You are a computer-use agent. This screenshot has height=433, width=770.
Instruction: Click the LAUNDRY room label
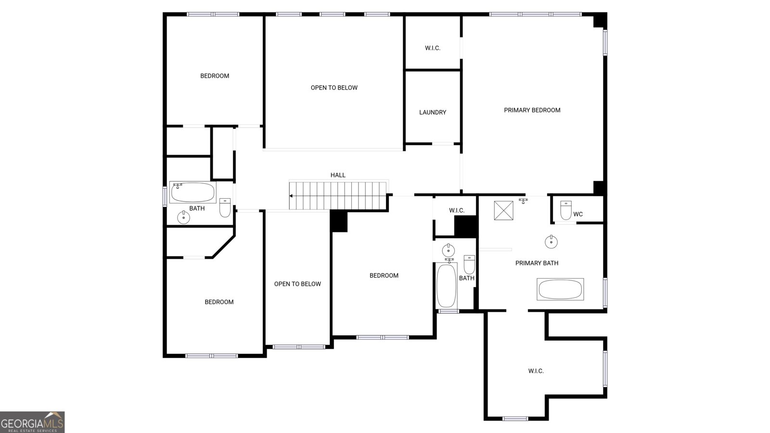pos(433,112)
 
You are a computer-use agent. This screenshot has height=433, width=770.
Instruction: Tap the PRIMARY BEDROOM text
pos(532,110)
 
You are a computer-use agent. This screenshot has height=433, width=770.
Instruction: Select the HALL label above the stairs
pos(338,175)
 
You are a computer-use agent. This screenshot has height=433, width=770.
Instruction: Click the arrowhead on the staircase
pos(291,196)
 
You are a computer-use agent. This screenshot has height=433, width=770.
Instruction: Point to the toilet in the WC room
pos(566,210)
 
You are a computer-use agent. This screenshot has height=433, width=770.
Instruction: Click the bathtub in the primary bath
pos(560,290)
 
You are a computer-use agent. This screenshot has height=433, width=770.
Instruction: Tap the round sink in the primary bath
pos(551,242)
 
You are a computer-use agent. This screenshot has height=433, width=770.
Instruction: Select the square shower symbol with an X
pos(504,211)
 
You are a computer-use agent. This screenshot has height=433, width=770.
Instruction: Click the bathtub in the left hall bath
pos(193,192)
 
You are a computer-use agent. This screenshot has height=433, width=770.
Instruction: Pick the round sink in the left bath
pos(183,217)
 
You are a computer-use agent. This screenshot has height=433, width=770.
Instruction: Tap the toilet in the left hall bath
pos(225,208)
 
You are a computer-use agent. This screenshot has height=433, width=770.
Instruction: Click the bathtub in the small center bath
pos(446,285)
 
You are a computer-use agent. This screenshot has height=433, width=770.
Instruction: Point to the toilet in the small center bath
pos(469,265)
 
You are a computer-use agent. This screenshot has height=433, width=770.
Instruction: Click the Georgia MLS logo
pos(32,422)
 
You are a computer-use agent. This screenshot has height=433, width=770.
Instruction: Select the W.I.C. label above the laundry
pos(433,48)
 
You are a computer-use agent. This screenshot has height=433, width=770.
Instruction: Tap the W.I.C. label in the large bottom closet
pos(536,371)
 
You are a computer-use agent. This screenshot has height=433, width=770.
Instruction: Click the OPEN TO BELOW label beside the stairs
pos(297,284)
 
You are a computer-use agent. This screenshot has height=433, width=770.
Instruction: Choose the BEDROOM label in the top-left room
pos(215,76)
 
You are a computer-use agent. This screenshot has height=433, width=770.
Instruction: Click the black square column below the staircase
pos(339,221)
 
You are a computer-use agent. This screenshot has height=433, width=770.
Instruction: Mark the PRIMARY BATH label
pos(537,263)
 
